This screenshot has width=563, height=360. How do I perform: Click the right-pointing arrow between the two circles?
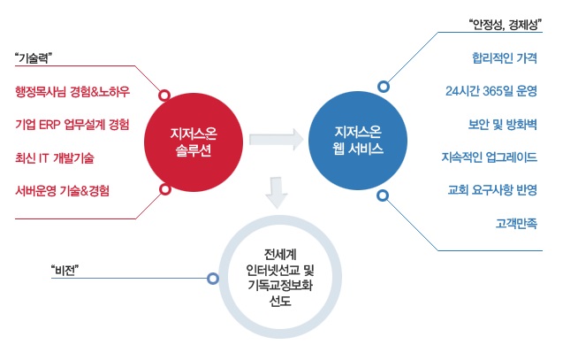coord(274,139)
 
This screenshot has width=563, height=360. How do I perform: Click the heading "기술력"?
coord(35,58)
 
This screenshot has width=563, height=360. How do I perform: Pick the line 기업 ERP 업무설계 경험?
coord(72,124)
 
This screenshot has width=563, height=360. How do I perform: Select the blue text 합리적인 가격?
coord(505,58)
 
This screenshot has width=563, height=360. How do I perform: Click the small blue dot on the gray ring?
coord(212,278)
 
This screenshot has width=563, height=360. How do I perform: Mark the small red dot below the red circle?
coord(164,189)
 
